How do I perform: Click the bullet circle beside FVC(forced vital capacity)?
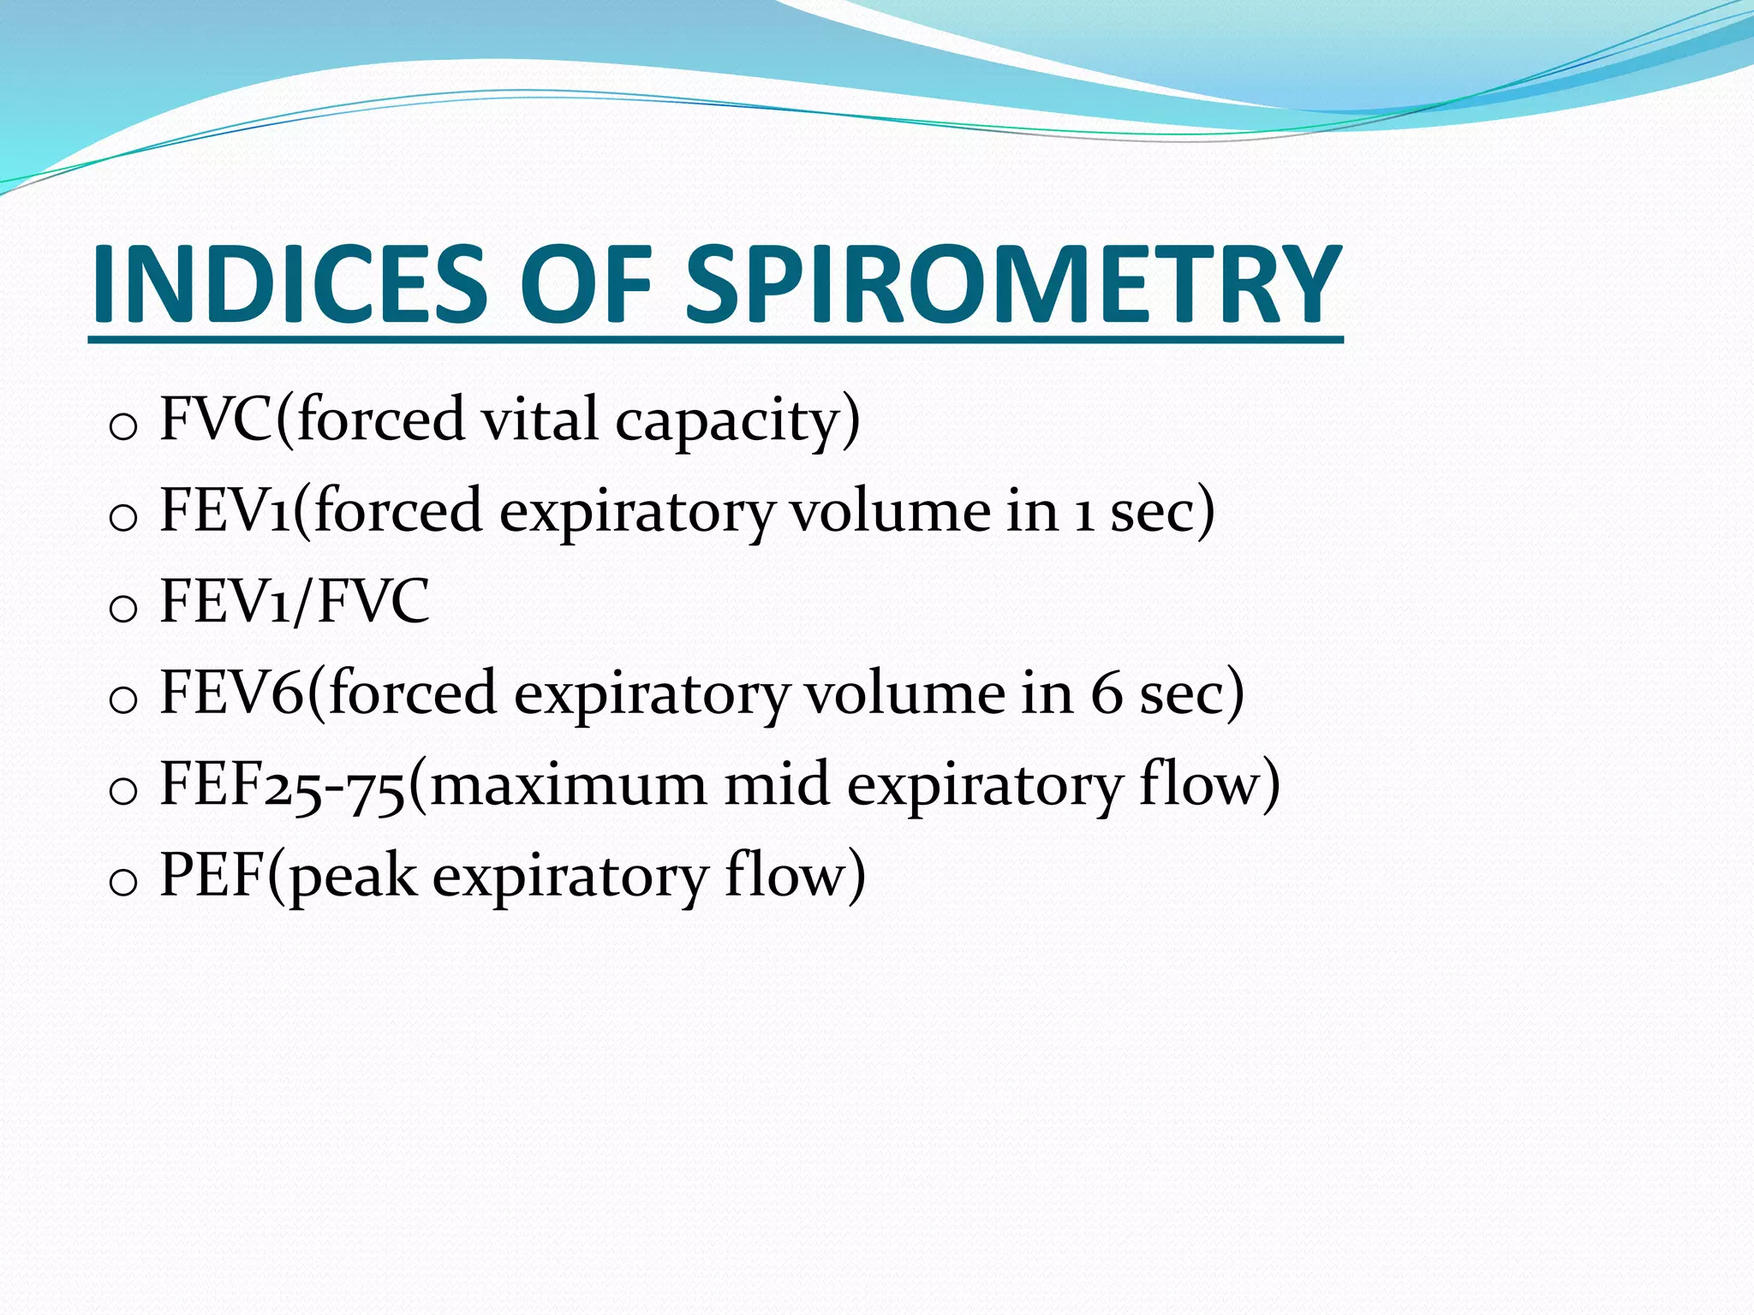[124, 426]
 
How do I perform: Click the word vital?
[539, 419]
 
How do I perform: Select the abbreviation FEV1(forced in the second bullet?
[321, 511]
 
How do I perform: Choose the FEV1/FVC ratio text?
[295, 602]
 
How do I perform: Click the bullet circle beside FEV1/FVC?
[124, 609]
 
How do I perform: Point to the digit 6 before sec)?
[1106, 693]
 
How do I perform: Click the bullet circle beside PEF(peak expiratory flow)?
[124, 882]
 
